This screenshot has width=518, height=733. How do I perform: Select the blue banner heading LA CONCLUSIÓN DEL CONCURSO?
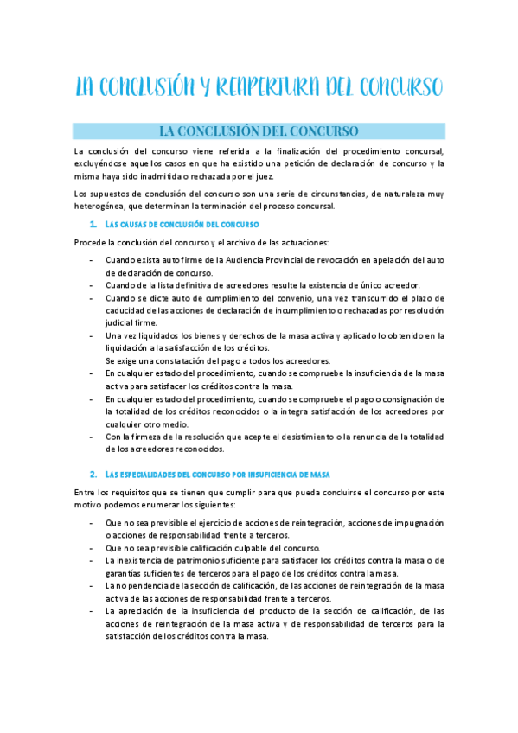tap(259, 131)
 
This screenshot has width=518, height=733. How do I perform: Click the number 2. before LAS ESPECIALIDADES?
tap(93, 475)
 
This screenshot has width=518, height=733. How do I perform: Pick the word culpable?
tap(256, 548)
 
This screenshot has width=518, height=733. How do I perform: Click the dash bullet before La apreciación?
tap(93, 611)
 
